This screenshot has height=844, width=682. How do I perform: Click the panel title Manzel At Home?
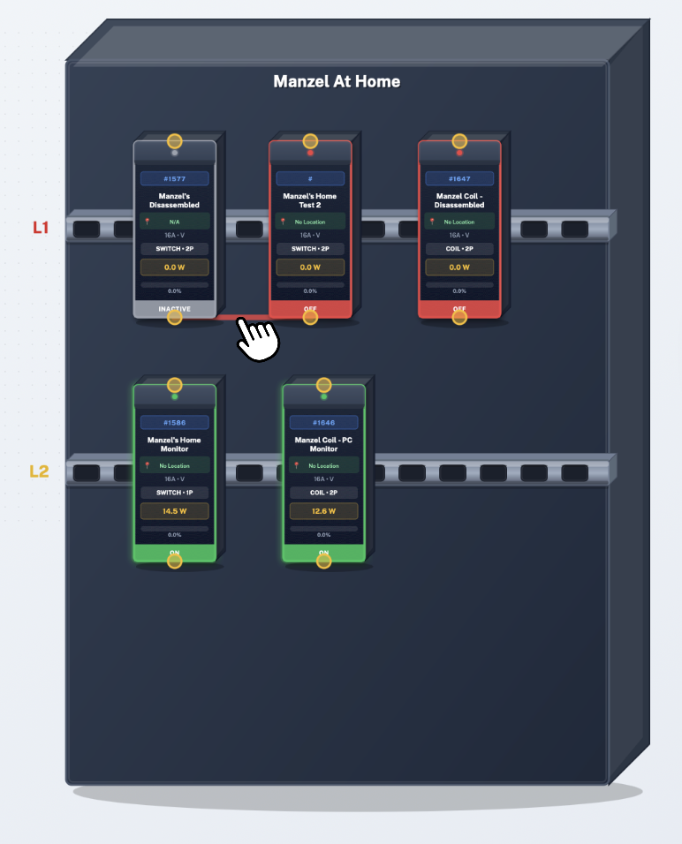click(x=337, y=82)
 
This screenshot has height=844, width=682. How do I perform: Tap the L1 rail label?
click(x=41, y=228)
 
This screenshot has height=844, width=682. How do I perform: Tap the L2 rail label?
click(x=39, y=471)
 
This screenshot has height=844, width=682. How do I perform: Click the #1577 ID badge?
click(x=174, y=178)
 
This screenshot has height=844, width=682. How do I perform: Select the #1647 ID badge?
click(x=459, y=178)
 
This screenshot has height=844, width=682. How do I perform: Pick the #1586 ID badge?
click(x=174, y=422)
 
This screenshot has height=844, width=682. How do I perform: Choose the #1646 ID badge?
click(x=323, y=422)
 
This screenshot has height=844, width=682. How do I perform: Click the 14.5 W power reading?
click(x=174, y=511)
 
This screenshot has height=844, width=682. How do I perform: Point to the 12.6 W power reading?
click(x=323, y=511)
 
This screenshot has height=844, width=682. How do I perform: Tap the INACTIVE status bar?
click(x=174, y=309)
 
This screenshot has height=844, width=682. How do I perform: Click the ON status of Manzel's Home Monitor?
click(x=174, y=553)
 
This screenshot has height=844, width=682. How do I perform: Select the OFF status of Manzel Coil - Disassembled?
click(x=459, y=309)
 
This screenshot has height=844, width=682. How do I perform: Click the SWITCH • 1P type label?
click(x=174, y=493)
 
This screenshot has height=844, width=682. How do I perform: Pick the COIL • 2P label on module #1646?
click(x=323, y=493)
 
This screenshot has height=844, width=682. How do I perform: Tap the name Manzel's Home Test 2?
click(x=310, y=200)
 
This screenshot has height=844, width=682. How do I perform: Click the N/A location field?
click(x=174, y=222)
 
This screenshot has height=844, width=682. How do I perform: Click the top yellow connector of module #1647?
click(x=459, y=141)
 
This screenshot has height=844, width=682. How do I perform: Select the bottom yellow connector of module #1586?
click(x=175, y=561)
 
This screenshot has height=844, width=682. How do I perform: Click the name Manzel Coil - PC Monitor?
click(x=323, y=444)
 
